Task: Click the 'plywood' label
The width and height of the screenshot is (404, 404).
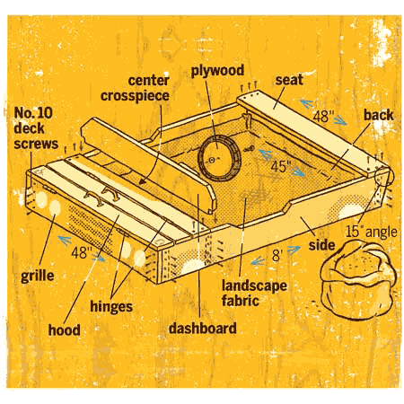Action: (217, 71)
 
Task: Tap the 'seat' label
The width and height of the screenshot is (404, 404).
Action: (289, 80)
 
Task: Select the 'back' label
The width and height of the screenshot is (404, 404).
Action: (378, 115)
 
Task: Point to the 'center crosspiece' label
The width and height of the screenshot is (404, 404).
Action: (135, 88)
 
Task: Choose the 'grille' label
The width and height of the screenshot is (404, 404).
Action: (38, 276)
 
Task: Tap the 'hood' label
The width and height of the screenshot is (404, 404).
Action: (64, 329)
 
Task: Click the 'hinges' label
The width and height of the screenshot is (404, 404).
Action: (111, 307)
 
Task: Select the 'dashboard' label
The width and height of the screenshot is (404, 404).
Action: (203, 328)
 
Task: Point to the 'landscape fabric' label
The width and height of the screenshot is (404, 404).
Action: (254, 293)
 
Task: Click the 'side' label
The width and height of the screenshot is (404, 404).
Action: (321, 245)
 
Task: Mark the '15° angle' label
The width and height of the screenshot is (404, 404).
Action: (372, 232)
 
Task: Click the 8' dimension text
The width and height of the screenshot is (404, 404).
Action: (277, 256)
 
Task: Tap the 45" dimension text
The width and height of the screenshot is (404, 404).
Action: (281, 166)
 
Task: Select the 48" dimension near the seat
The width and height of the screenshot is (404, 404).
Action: (323, 116)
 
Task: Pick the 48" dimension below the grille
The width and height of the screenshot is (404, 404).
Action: (82, 252)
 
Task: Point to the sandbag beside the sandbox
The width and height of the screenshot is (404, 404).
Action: (358, 280)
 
